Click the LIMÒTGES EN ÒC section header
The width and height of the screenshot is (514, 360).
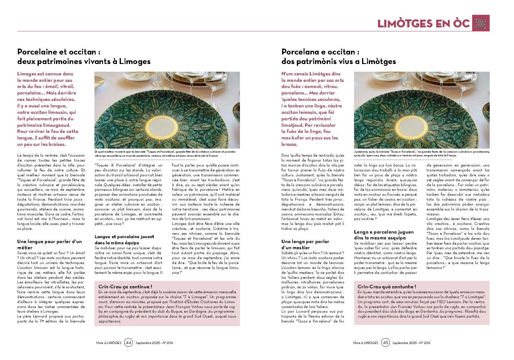click(x=424, y=23)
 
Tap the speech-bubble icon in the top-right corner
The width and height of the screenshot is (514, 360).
click(x=480, y=23)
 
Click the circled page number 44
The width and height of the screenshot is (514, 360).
click(x=129, y=343)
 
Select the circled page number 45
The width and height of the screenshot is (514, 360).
click(x=385, y=343)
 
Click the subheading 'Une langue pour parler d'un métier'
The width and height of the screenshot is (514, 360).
click(x=50, y=244)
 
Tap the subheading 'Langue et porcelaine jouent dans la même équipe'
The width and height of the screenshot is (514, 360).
click(x=124, y=239)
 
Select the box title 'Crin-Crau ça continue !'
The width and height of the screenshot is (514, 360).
click(x=125, y=286)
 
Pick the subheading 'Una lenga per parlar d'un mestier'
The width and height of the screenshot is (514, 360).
click(x=305, y=244)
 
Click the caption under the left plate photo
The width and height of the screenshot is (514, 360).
click(x=166, y=154)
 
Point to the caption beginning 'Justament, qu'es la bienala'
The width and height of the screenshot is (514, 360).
click(x=421, y=154)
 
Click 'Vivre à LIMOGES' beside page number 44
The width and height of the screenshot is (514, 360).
click(x=109, y=343)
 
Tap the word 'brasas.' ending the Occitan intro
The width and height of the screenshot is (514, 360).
click(x=289, y=144)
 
